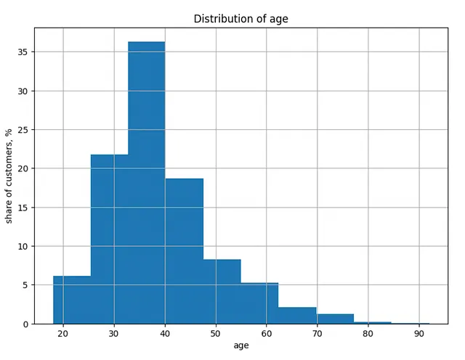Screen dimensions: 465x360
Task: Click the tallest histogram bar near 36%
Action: point(147,183)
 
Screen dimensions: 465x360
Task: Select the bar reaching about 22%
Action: point(110,240)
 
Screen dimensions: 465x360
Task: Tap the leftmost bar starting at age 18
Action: point(72,300)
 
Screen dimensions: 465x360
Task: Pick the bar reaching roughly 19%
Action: point(184,251)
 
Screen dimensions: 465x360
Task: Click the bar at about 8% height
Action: point(222,292)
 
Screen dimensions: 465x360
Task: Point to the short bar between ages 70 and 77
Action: point(335,319)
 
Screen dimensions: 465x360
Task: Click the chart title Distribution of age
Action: point(240,19)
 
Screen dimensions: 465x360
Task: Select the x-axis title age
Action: point(241,345)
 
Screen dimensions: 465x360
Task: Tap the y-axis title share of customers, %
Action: point(9,176)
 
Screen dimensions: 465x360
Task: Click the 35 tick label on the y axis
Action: point(23,52)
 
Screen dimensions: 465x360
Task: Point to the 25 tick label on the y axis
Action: point(23,130)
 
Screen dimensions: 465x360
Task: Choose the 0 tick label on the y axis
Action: point(25,324)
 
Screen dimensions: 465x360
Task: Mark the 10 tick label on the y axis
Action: point(23,247)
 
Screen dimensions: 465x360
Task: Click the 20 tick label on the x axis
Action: point(63,334)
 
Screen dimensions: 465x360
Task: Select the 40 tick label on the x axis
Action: point(165,334)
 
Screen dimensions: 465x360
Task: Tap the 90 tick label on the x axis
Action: point(419,334)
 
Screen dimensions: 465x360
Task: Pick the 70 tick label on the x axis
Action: point(318,334)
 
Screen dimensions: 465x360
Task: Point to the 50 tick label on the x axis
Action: point(216,334)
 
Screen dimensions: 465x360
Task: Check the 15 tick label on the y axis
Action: point(23,208)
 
